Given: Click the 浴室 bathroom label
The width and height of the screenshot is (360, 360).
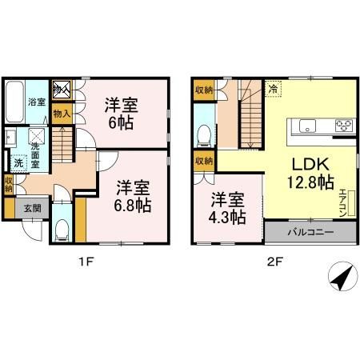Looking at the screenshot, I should tap(35, 102).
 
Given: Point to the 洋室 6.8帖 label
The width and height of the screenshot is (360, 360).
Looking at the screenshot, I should tap(132, 195).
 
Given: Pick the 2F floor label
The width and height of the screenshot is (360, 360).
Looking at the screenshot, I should tap(272, 260).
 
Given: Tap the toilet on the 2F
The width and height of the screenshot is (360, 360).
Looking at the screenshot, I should tap(204, 133).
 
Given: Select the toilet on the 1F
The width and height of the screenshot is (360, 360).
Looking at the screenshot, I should tap(62, 228).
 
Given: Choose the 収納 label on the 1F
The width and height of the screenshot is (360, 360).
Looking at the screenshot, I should tap(7, 185).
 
